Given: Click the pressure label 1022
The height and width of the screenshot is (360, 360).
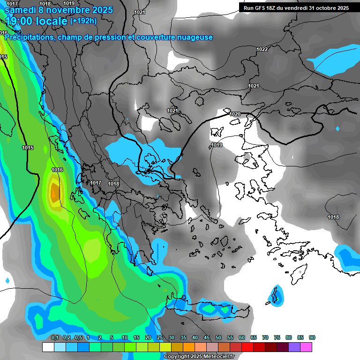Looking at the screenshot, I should coord(262,49).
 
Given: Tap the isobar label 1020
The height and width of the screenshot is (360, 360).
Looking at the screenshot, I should coord(235,114).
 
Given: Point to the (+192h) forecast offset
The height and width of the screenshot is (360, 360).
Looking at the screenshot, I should coord(83,21).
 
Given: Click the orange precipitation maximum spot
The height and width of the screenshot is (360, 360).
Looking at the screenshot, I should coord(55,192).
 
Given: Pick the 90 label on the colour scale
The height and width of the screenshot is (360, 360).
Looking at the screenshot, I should coord(312,337).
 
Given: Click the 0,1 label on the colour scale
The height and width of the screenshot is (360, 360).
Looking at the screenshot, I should coord(54,337).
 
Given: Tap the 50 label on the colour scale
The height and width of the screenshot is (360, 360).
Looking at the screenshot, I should coord(218,337).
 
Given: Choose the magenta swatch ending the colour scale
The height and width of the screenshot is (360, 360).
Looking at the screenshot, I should coord(306,347).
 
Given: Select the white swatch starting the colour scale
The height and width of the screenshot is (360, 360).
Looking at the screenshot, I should coord(48,347).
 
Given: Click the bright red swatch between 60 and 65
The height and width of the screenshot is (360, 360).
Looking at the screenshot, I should coord(247,347).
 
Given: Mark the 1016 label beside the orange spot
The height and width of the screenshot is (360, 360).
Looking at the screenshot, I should coord(57,170).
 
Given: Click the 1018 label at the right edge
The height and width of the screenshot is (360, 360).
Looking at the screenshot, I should coord(333,217).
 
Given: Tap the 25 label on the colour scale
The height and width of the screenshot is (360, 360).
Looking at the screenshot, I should coord(160,337).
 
